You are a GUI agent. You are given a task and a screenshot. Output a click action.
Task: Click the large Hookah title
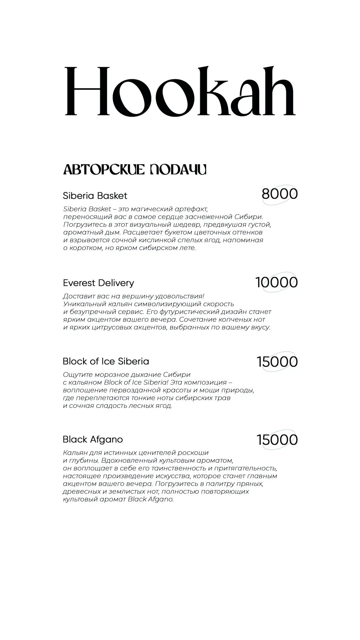pos(180,91)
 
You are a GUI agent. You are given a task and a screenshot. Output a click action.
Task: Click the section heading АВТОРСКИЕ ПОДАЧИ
pos(135,170)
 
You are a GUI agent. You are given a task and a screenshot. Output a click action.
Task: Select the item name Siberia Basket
pos(95,196)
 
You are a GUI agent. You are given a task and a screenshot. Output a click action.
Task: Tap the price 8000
pos(279,194)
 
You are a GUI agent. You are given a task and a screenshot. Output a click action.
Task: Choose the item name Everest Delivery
pos(98,283)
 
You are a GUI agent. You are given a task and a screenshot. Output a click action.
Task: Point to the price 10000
pos(276,282)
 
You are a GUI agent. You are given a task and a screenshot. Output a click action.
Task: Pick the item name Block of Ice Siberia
pos(106,361)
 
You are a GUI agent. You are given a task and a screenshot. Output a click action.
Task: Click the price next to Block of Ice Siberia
pos(277,362)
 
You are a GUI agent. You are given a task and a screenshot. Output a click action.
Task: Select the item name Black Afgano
pos(93,440)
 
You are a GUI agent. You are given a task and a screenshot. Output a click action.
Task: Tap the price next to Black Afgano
pos(277,440)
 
